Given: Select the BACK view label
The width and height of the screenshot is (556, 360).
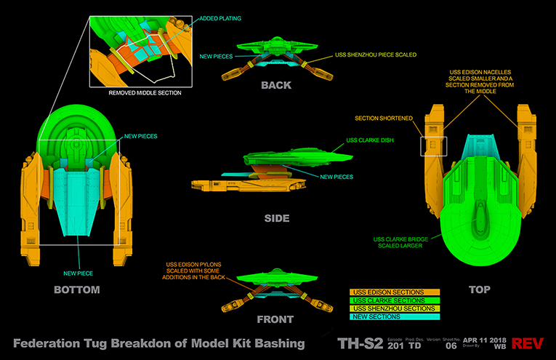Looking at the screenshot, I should [275, 85].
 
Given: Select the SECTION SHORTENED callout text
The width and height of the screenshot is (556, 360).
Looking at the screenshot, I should [384, 119].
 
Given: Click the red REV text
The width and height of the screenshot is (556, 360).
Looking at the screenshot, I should [531, 343].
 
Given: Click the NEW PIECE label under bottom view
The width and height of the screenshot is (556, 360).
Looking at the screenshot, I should [78, 252].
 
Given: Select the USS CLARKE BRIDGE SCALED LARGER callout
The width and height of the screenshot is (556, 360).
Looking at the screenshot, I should [398, 242].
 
